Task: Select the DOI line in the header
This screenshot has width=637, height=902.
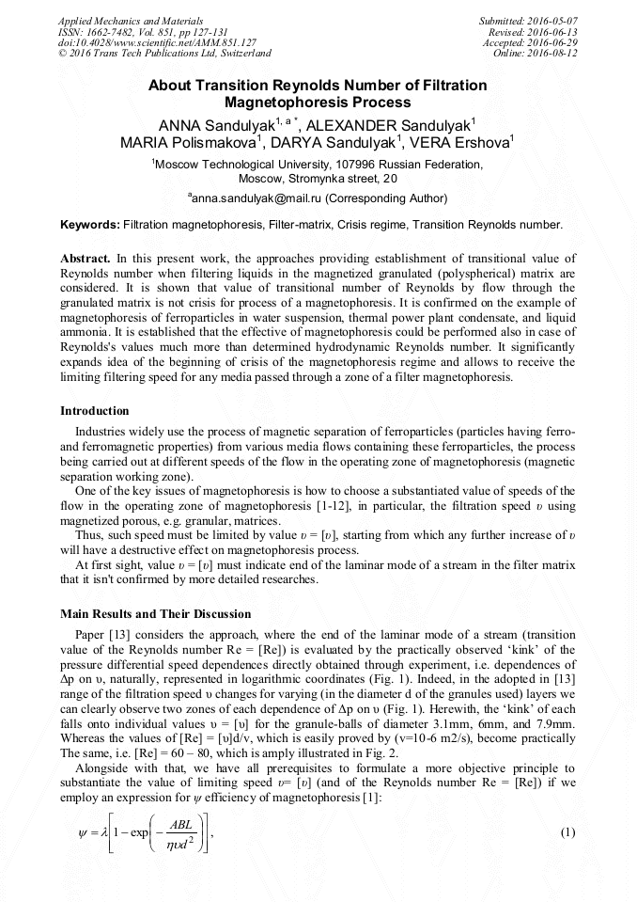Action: coord(157,42)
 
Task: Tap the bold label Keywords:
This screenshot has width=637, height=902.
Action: coord(90,225)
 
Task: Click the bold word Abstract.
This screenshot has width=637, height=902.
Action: coord(85,257)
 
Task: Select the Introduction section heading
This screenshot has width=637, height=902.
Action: coord(95,411)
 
